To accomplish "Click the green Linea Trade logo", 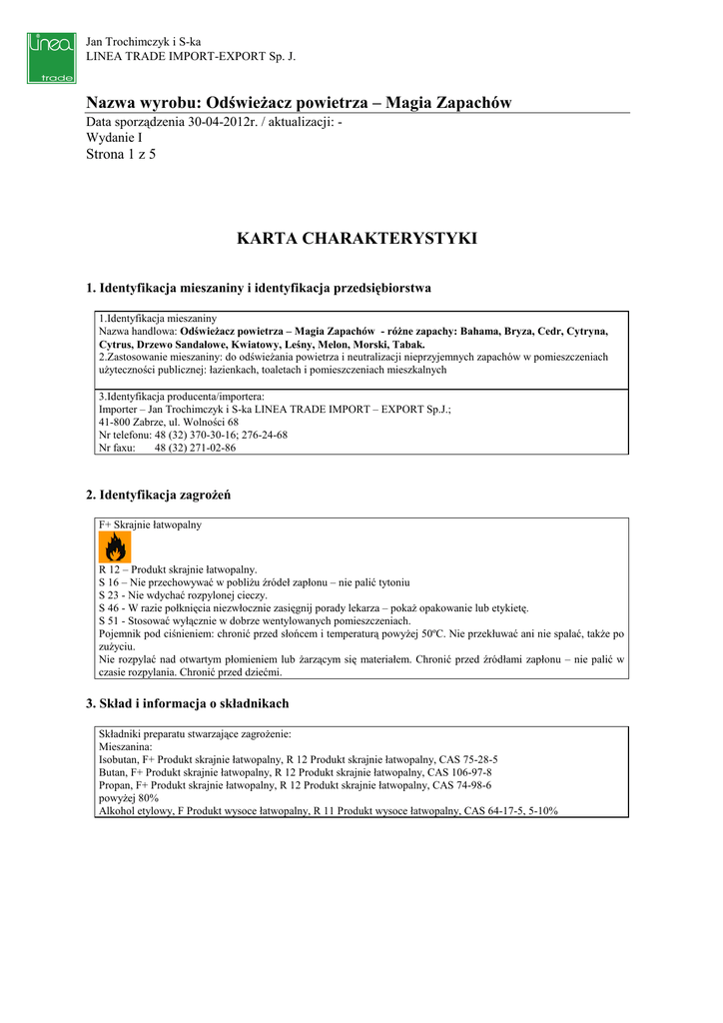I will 51,58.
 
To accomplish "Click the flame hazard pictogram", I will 114,546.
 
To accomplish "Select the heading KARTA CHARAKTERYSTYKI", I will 357,239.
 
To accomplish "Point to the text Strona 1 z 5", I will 122,155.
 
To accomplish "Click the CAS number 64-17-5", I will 493,811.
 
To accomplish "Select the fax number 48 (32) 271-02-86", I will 195,449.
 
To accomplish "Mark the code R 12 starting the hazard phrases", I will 110,568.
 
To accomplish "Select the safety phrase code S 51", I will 109,620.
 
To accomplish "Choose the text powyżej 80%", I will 129,798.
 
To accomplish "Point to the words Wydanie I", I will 115,139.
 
